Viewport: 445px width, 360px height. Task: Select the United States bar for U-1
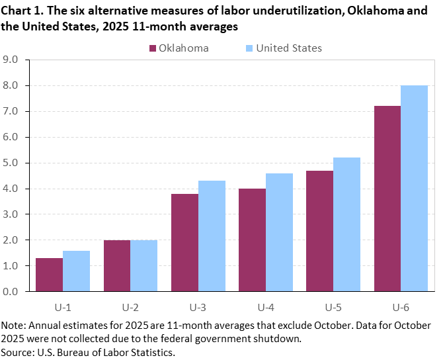pyautogui.click(x=76, y=271)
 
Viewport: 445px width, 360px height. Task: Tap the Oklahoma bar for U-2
pyautogui.click(x=116, y=265)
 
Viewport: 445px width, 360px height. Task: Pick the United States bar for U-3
pyautogui.click(x=212, y=236)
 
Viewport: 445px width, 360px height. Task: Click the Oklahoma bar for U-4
pyautogui.click(x=252, y=240)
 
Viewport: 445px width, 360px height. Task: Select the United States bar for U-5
pyautogui.click(x=346, y=224)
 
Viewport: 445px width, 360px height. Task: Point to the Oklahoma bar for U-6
pyautogui.click(x=387, y=199)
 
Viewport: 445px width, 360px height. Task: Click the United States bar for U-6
pyautogui.click(x=415, y=188)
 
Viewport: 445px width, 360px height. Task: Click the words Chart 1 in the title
pyautogui.click(x=20, y=11)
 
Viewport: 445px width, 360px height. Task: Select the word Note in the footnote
pyautogui.click(x=13, y=326)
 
